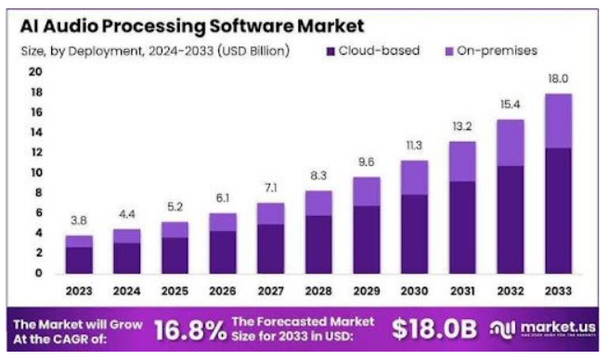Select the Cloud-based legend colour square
(x=330, y=50)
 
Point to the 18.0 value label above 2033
(x=556, y=80)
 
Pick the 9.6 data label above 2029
(x=366, y=164)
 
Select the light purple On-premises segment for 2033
(x=557, y=122)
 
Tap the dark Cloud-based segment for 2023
(x=79, y=260)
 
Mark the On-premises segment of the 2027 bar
(x=270, y=213)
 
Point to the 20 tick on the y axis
(x=36, y=71)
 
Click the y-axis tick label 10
(x=36, y=173)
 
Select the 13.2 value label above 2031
(x=461, y=127)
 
